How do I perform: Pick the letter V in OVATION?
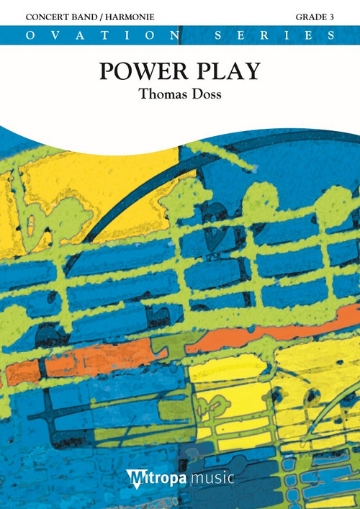click(46, 35)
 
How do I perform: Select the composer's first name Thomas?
click(154, 93)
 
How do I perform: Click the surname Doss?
click(205, 93)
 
